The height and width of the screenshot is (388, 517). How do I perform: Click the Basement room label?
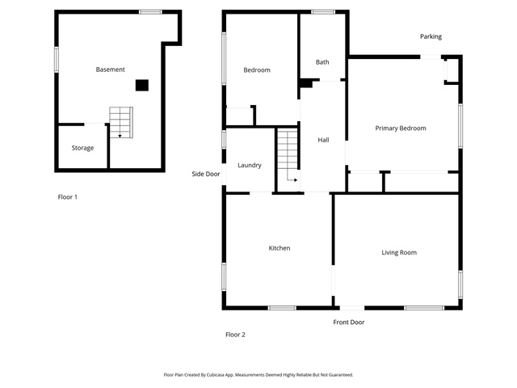[110, 70]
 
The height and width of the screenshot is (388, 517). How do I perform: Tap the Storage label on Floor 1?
[82, 148]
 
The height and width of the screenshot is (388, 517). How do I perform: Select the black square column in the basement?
[142, 85]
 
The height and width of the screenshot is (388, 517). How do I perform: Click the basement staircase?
[121, 122]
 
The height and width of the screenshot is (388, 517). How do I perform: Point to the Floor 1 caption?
[68, 197]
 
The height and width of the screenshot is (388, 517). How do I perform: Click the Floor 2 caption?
[235, 335]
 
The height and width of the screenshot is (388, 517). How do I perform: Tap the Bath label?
[322, 62]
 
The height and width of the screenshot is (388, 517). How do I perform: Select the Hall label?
[323, 140]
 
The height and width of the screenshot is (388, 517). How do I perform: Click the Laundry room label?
[250, 165]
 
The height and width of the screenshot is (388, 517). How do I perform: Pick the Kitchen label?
[280, 248]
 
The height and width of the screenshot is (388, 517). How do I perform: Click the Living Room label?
[399, 253]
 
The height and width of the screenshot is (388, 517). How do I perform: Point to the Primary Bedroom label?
[401, 129]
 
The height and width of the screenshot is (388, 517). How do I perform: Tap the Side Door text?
[206, 174]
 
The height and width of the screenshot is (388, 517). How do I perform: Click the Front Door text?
[349, 322]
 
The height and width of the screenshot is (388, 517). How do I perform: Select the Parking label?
[431, 36]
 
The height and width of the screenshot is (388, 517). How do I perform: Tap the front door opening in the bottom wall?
[352, 308]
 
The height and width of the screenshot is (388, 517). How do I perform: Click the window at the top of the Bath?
[323, 12]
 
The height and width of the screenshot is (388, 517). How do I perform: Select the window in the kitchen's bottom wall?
[282, 308]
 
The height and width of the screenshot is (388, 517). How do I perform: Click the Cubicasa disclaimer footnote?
[258, 375]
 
